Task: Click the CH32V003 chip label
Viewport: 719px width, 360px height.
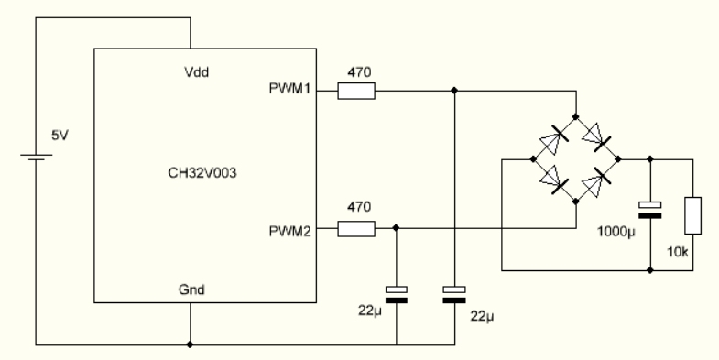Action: [202, 173]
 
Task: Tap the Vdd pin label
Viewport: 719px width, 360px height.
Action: [196, 72]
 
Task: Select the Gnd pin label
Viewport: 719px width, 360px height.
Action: [191, 289]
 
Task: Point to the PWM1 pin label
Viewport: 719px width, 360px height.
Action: [289, 88]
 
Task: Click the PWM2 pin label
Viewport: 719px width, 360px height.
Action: [289, 231]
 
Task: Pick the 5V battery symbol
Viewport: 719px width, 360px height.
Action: [37, 158]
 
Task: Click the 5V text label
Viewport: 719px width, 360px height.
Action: [60, 136]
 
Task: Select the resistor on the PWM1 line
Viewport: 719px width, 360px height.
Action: [356, 91]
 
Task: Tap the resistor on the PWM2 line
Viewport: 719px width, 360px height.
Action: [356, 228]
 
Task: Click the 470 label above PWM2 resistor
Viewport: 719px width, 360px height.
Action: [359, 207]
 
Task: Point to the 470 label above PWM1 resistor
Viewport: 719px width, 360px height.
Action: [359, 72]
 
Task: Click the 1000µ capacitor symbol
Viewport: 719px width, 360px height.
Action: [649, 210]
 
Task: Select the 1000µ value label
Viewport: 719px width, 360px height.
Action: [616, 232]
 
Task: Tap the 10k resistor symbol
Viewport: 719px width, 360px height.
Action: [692, 215]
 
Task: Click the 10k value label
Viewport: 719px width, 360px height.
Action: [678, 252]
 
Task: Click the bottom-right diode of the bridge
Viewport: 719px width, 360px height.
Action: [596, 181]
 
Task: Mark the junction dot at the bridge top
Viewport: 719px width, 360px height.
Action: [576, 117]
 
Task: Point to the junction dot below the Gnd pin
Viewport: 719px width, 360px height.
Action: [191, 344]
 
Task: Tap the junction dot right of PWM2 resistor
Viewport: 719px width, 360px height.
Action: [397, 228]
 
